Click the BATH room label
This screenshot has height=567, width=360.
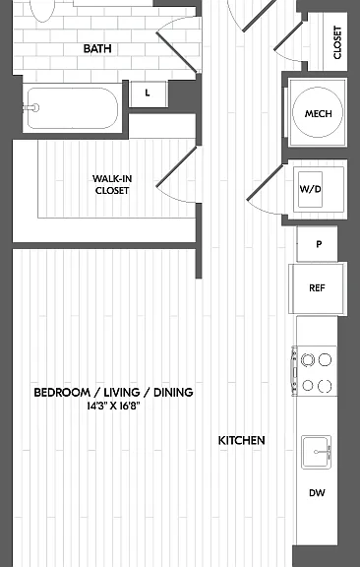pos(97,48)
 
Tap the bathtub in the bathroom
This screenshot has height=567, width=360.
pos(73,108)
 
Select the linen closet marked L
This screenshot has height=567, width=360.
pos(148,94)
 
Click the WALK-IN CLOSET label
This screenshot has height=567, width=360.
pos(112,184)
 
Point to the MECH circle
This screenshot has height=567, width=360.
pos(318,112)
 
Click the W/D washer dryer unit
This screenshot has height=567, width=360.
pos(310,189)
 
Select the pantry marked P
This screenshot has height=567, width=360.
pos(317,244)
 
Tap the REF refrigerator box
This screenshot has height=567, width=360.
pos(318,288)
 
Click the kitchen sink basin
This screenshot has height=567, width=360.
pos(317,452)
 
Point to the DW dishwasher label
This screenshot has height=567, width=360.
pos(317,493)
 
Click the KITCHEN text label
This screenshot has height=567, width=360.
pos(241,440)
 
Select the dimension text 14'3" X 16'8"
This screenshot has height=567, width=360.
pos(113,407)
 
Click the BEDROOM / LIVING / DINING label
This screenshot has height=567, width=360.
pos(113,393)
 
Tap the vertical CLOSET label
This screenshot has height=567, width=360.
pos(337,42)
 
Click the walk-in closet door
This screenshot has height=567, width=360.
pos(177,166)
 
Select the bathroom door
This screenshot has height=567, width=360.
pos(176,52)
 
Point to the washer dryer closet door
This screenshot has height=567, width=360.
pos(265,182)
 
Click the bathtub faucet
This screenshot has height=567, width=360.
pos(31,107)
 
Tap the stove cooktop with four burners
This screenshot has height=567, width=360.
pos(315,372)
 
